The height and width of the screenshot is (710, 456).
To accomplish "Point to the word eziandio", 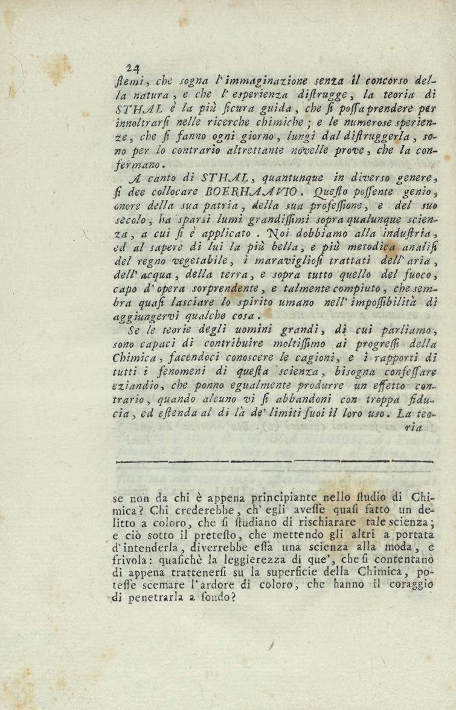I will (135, 386).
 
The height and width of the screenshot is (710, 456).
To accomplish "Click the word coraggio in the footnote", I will (410, 585).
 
